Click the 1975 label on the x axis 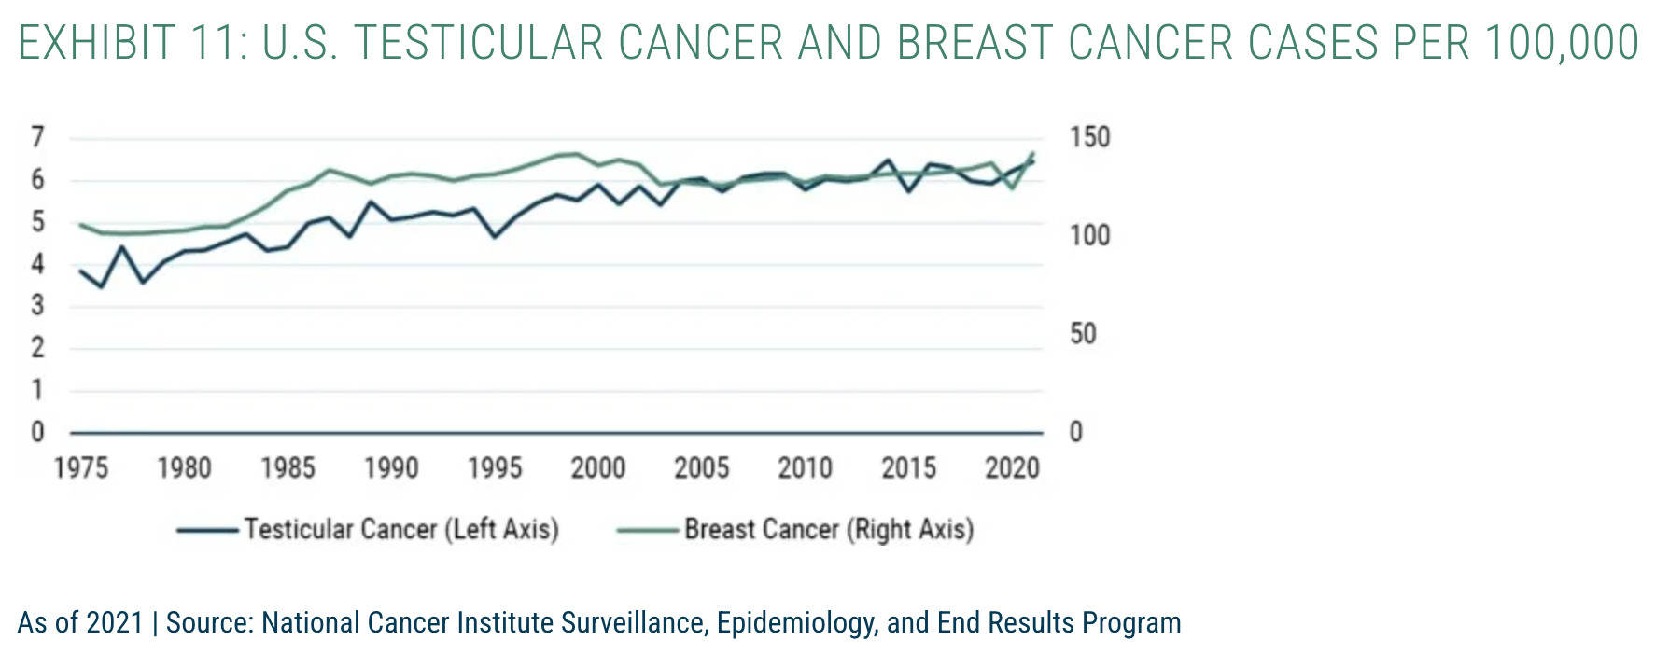[81, 467]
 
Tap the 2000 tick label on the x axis [598, 467]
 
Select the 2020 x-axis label [1013, 467]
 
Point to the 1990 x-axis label [391, 467]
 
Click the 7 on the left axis [37, 138]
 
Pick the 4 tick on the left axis [37, 264]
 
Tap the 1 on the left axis [37, 390]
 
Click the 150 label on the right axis [1090, 138]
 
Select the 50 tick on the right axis [1083, 334]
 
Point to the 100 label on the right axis [1090, 235]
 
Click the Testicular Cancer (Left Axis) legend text [401, 530]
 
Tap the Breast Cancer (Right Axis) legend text [829, 530]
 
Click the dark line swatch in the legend [207, 531]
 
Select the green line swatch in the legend [647, 531]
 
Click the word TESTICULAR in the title [480, 43]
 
